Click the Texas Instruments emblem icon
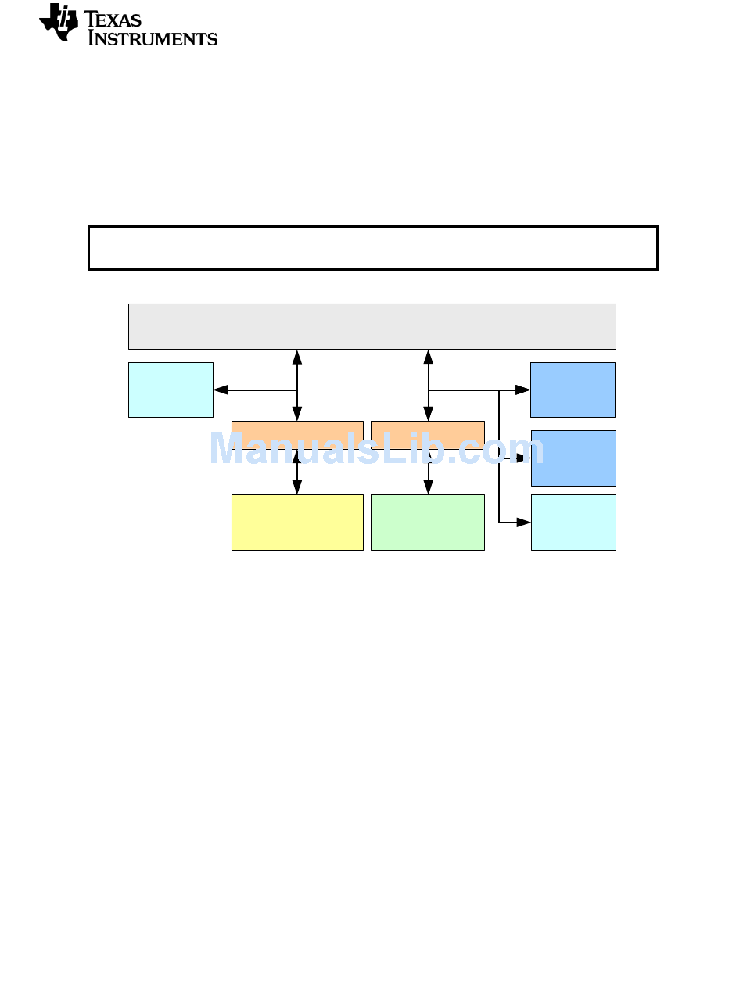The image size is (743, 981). click(59, 23)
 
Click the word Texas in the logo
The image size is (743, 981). click(113, 20)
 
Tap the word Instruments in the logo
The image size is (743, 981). click(153, 38)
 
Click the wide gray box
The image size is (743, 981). click(372, 327)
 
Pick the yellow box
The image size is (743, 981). click(297, 523)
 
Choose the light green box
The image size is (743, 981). click(428, 523)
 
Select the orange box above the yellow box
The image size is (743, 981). click(297, 435)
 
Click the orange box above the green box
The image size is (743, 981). click(428, 435)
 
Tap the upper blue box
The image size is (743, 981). click(573, 390)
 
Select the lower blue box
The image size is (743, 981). click(573, 458)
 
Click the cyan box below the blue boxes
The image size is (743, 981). click(573, 523)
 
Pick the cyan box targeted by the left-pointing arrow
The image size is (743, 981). click(170, 390)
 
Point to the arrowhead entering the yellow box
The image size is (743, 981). click(297, 487)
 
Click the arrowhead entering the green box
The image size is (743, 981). click(428, 487)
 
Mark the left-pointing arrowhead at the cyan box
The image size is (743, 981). click(221, 390)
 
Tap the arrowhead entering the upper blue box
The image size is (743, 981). click(522, 390)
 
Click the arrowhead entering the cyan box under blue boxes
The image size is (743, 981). click(524, 523)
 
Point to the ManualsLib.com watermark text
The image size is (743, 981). click(377, 448)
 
